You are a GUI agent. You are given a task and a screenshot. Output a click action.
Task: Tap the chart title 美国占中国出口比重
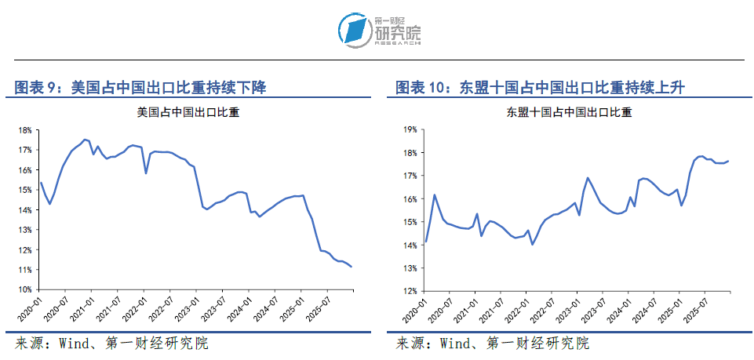pos(188,112)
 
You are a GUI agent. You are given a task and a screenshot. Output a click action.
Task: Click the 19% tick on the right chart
pos(409,130)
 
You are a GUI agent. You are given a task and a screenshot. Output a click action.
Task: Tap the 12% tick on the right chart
pos(409,290)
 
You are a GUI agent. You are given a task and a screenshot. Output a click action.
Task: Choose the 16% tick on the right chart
pos(409,199)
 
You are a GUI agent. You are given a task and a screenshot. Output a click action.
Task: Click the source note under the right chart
pos(492,344)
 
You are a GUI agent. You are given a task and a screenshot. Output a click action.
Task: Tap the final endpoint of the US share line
pos(352,267)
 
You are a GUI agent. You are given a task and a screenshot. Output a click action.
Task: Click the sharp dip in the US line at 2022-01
pos(146,173)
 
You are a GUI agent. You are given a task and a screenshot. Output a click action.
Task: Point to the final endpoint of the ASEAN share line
pos(728,162)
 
